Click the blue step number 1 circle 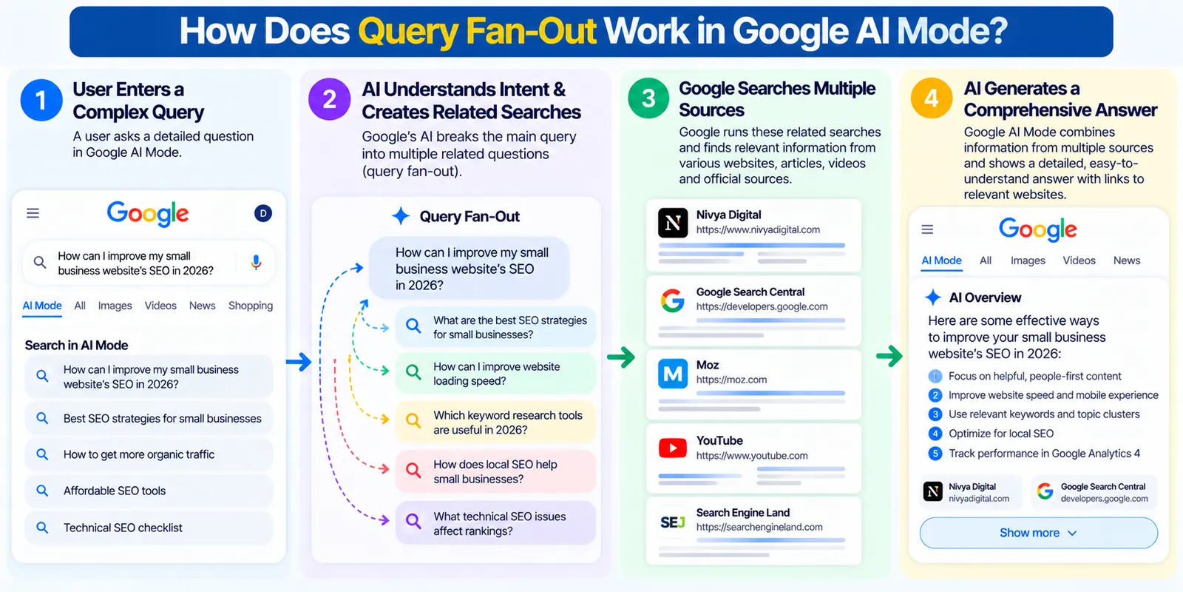tap(41, 100)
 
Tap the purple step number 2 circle tap(330, 99)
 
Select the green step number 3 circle tap(648, 98)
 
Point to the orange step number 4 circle tap(932, 98)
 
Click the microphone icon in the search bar tap(256, 262)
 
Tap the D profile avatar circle tap(263, 213)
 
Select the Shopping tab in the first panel tap(251, 306)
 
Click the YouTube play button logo tap(673, 448)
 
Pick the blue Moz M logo tap(673, 374)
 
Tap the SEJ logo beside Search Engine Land tap(673, 522)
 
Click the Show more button tap(1038, 533)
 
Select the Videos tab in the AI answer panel tap(1079, 260)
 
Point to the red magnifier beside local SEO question tap(413, 470)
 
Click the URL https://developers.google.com tap(762, 306)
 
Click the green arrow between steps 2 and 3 tap(621, 357)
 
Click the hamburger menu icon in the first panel tap(33, 213)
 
